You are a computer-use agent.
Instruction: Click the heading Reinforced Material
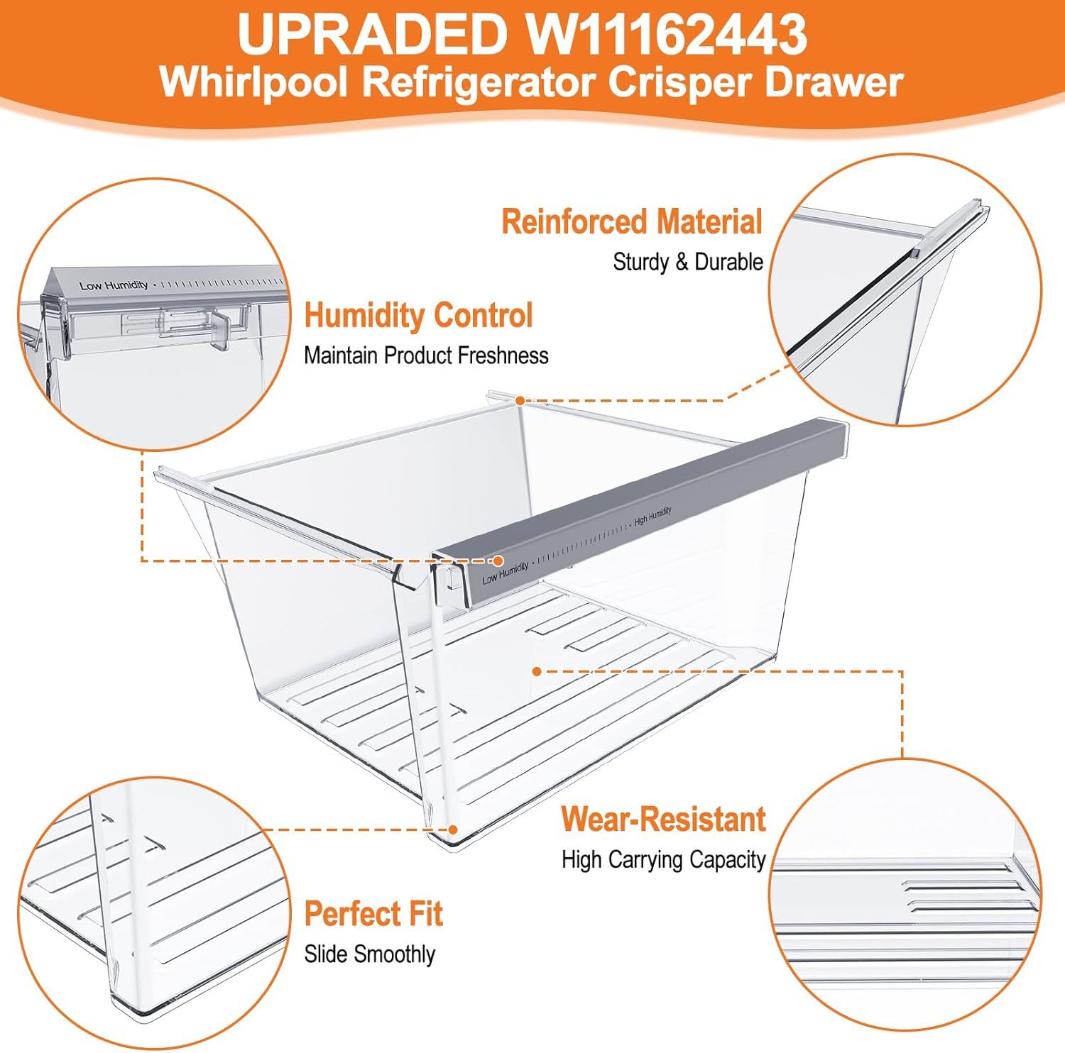tap(632, 221)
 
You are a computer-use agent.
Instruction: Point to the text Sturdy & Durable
tap(687, 262)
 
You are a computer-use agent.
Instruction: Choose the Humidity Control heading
tap(418, 315)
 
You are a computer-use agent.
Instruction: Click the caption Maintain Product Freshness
tap(426, 355)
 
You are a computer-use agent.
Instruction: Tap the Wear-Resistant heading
tap(663, 820)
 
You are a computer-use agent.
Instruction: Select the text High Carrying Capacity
tap(663, 860)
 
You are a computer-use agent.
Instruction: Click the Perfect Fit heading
tap(373, 914)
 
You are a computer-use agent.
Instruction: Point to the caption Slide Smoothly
tap(369, 954)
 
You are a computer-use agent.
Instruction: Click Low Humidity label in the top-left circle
tap(114, 285)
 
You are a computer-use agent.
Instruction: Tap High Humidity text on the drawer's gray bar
tap(652, 517)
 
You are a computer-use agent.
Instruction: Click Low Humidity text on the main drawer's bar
tap(505, 572)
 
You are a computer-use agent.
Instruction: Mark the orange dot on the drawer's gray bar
tap(498, 560)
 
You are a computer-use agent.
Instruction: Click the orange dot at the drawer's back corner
tap(520, 400)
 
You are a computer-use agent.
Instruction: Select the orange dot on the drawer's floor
tap(537, 671)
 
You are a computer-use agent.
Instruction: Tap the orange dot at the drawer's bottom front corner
tap(453, 828)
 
